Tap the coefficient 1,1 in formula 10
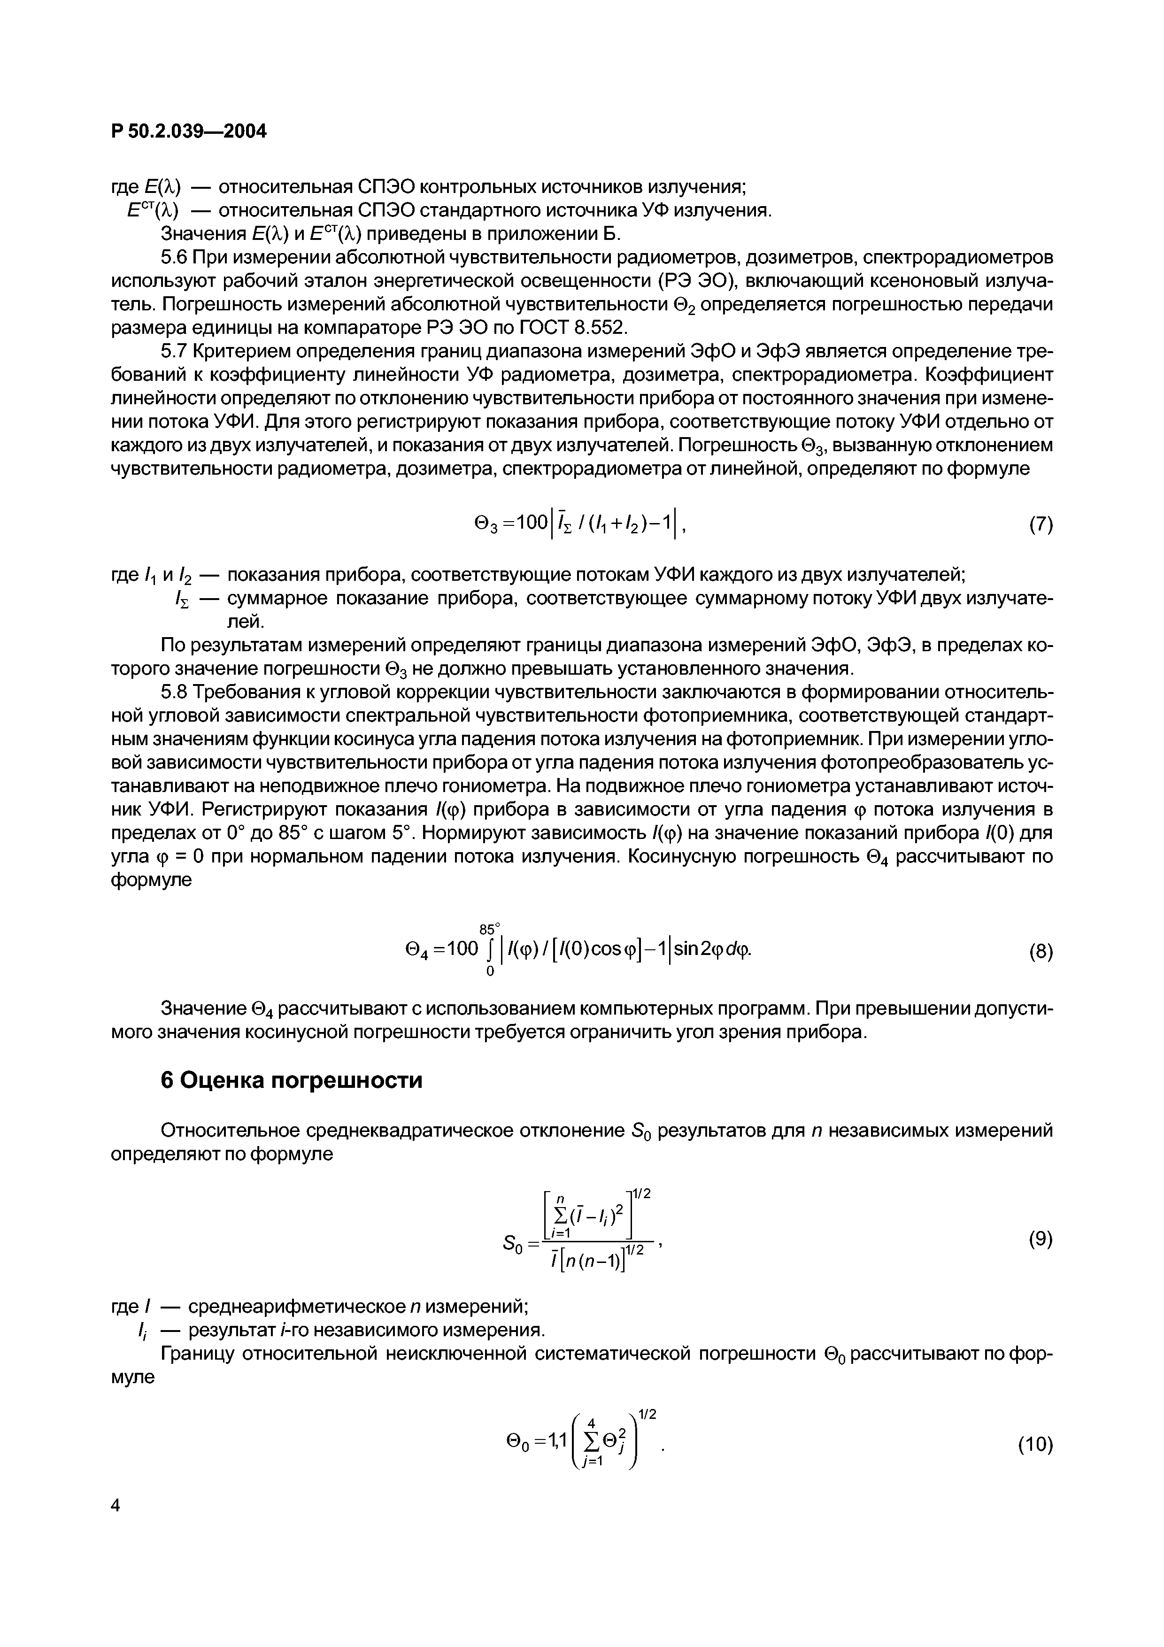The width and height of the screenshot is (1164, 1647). tap(555, 1439)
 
